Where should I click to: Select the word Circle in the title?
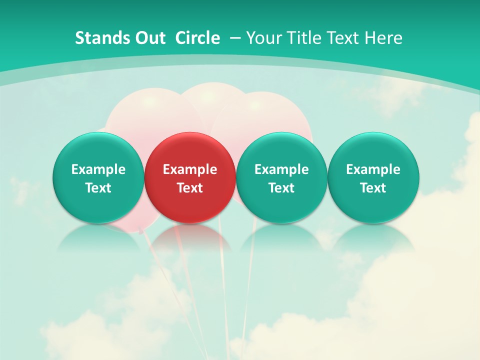(x=197, y=38)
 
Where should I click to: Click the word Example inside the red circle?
(x=190, y=169)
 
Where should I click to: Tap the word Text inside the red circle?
(x=190, y=188)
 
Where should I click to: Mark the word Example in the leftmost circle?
(x=98, y=169)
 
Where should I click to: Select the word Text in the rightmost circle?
(x=373, y=188)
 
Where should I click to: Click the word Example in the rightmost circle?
(x=373, y=169)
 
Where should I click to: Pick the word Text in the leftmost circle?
(x=98, y=188)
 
